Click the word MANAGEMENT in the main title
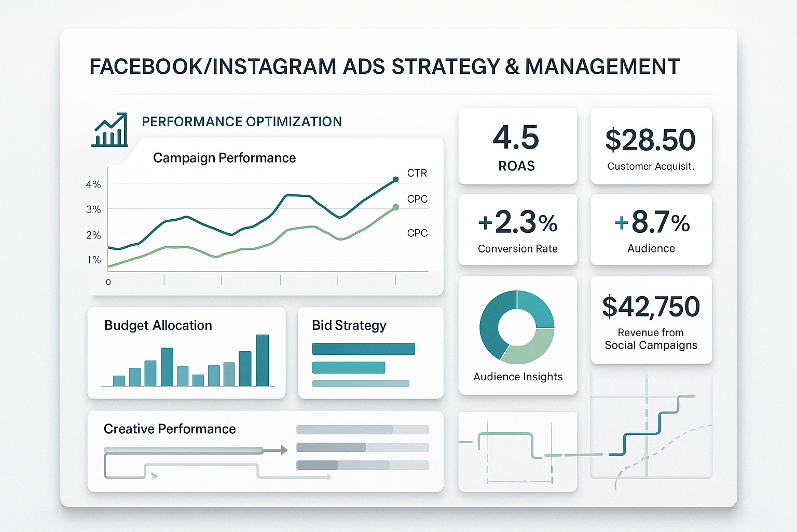(602, 66)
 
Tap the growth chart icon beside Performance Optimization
(109, 130)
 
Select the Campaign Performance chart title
(224, 158)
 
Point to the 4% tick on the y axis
(93, 184)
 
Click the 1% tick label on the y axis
(93, 260)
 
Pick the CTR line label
(417, 173)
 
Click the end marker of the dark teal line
(395, 179)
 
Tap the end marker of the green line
(395, 207)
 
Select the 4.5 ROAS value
(516, 138)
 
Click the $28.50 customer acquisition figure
(650, 140)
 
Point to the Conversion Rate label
(517, 249)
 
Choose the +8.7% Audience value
(652, 222)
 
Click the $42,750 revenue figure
(651, 307)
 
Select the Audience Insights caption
(518, 377)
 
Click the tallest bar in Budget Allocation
(263, 360)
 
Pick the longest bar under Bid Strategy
(363, 349)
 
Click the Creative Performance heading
(170, 429)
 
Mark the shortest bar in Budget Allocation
(198, 380)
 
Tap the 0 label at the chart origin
(108, 282)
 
